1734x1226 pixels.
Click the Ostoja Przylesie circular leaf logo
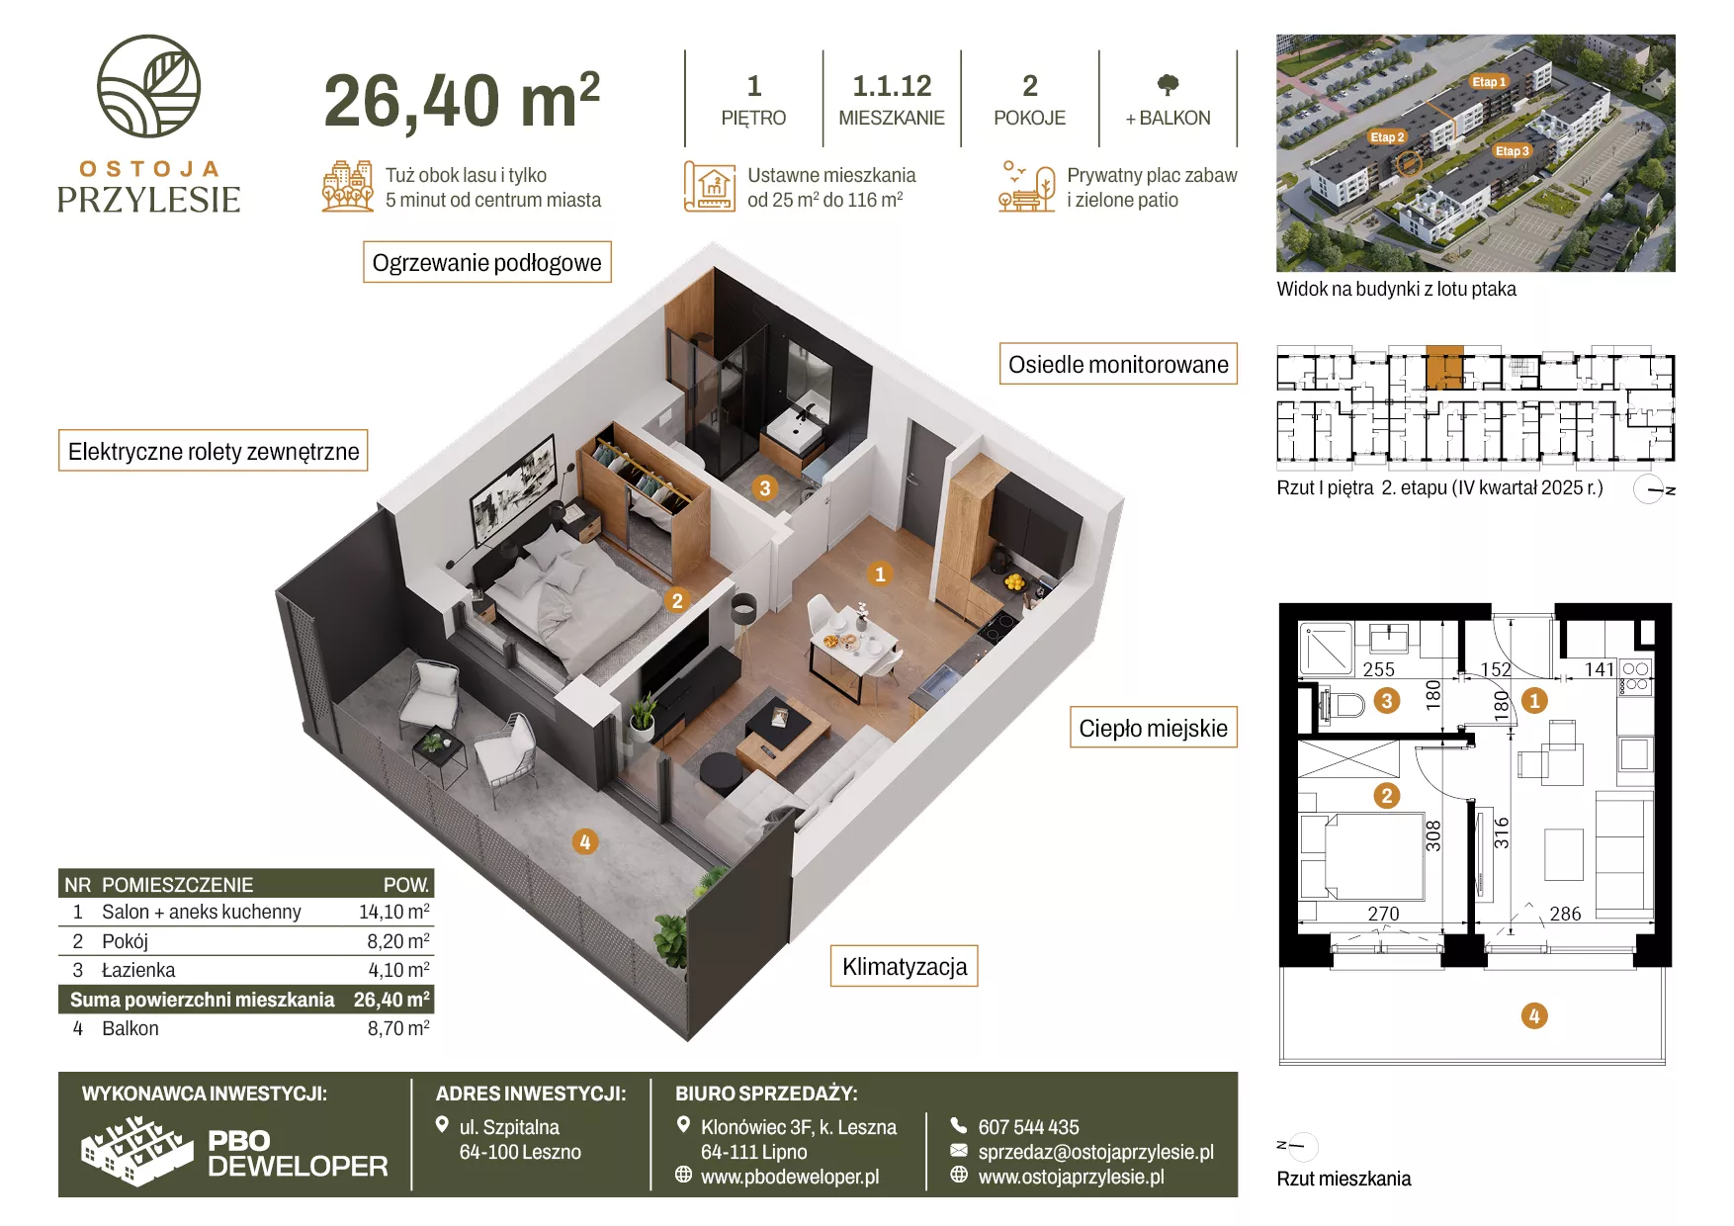(148, 86)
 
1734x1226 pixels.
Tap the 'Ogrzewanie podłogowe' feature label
(487, 262)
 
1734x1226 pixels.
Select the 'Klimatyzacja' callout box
(905, 966)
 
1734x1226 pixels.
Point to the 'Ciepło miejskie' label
(1154, 728)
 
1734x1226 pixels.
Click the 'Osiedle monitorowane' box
(1118, 364)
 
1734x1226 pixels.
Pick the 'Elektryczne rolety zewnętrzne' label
(214, 451)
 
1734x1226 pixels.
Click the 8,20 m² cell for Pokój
(398, 941)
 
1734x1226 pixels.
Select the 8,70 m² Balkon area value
(398, 1028)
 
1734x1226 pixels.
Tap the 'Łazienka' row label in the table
(138, 970)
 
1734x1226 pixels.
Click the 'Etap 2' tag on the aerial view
(1387, 137)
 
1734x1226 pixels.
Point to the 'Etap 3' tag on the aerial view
(1513, 151)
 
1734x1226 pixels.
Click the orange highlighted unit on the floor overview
(1444, 367)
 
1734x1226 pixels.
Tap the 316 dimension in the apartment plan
(1502, 832)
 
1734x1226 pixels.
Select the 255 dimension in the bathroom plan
(1378, 669)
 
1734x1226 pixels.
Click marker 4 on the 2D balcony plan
(1534, 1015)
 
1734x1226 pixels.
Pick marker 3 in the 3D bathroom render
(764, 487)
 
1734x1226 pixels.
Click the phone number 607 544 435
(1028, 1127)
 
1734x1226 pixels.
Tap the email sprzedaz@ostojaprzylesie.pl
(1095, 1152)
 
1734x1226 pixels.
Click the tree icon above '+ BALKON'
(1168, 85)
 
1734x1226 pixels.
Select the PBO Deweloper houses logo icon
(136, 1151)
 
